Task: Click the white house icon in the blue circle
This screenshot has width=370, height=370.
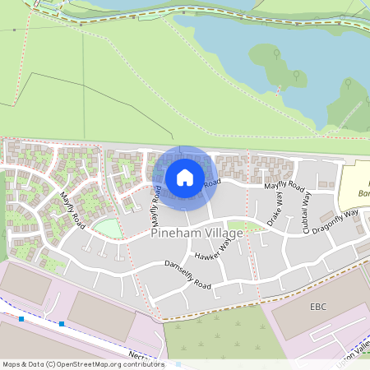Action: point(185,177)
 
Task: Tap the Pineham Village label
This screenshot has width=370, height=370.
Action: point(197,234)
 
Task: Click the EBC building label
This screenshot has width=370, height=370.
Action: point(318,306)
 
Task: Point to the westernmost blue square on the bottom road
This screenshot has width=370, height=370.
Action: point(21,318)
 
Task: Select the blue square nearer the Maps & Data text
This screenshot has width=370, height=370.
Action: point(62,324)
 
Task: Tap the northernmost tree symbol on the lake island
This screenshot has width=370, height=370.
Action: point(276,53)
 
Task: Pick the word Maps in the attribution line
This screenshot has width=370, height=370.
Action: point(12,363)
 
